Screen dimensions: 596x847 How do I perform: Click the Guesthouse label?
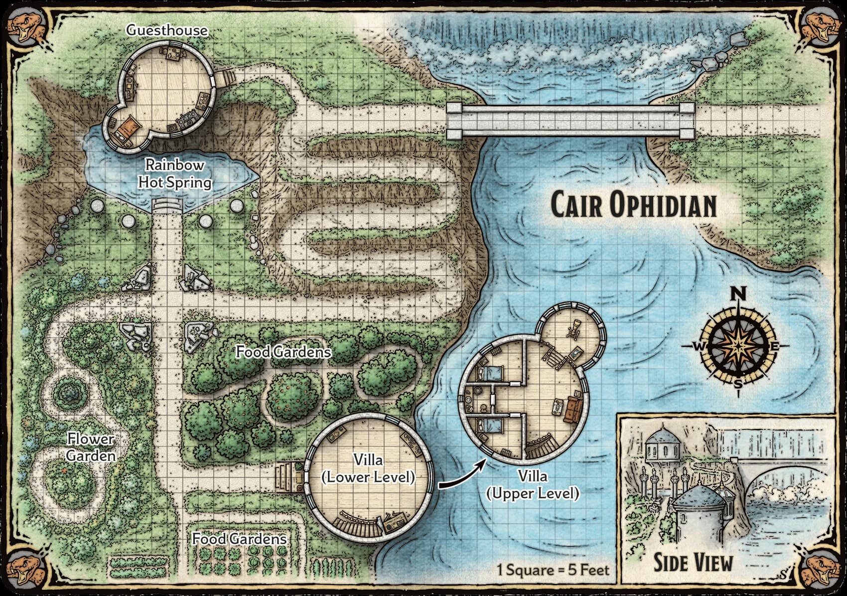[166, 30]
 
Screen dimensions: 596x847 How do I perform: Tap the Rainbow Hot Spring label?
[174, 173]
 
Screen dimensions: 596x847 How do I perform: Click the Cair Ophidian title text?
[633, 205]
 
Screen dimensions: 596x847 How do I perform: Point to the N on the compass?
[738, 295]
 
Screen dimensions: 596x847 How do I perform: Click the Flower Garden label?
[91, 447]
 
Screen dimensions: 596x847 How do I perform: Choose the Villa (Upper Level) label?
[532, 485]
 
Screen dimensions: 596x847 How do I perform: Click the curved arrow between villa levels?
[462, 474]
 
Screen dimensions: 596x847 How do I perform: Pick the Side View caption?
[693, 562]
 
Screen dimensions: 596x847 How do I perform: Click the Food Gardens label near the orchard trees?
[283, 352]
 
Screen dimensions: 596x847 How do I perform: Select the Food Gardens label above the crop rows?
[239, 539]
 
